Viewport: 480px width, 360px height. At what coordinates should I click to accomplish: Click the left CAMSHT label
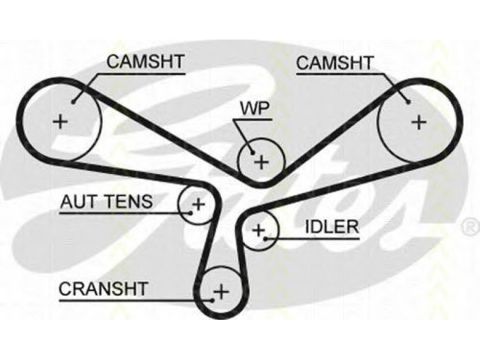(145, 62)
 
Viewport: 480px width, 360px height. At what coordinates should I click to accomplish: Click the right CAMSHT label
(335, 63)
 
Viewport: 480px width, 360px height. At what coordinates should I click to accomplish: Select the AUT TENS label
(107, 202)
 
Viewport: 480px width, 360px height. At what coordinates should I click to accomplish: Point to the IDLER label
(332, 227)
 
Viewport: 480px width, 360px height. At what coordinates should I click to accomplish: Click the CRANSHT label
(104, 289)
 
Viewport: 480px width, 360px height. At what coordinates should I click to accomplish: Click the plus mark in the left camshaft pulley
(61, 122)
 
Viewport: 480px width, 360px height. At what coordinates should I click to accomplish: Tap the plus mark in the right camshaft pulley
(419, 122)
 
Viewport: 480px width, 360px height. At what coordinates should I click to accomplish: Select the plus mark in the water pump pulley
(262, 162)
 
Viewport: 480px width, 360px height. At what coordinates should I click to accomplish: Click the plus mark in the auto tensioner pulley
(198, 203)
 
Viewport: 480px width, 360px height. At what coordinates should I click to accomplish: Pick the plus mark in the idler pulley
(259, 230)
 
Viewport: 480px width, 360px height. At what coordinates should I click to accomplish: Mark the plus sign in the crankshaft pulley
(221, 291)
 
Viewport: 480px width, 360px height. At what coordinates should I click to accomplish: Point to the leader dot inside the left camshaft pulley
(73, 102)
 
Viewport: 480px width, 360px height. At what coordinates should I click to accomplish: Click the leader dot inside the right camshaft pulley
(408, 102)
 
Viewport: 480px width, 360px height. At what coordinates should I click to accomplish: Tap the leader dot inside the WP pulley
(253, 152)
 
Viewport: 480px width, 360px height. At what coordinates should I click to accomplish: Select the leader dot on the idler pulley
(266, 238)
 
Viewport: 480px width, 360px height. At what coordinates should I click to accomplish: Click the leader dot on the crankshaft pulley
(212, 300)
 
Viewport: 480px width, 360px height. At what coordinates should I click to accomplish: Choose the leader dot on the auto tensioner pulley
(190, 212)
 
